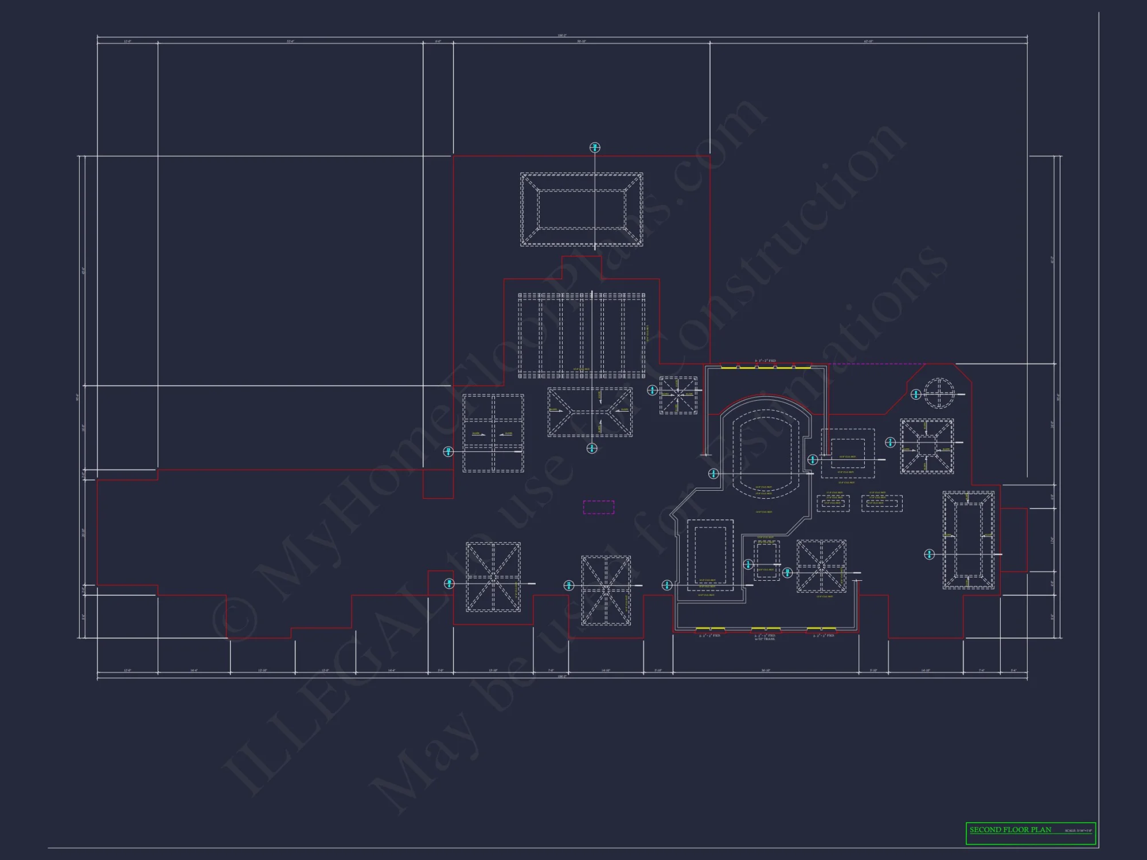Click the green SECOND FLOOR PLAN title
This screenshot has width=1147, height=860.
click(1011, 830)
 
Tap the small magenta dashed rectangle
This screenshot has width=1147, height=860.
click(599, 507)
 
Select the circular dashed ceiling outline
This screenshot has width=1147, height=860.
click(939, 393)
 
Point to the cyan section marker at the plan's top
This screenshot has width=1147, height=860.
click(595, 147)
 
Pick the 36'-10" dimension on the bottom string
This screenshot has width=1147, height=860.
click(766, 670)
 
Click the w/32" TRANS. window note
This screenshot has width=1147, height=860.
click(765, 639)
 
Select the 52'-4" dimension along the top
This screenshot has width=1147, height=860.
click(291, 41)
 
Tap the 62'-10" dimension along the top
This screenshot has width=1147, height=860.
click(868, 41)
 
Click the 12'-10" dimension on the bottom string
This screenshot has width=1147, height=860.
click(262, 670)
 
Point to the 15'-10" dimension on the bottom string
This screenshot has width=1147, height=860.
click(493, 670)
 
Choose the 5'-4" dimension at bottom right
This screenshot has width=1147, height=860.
click(1013, 670)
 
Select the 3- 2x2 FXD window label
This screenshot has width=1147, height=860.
click(765, 361)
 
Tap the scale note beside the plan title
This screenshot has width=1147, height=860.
click(1079, 831)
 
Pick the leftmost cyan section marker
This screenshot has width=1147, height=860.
click(448, 452)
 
